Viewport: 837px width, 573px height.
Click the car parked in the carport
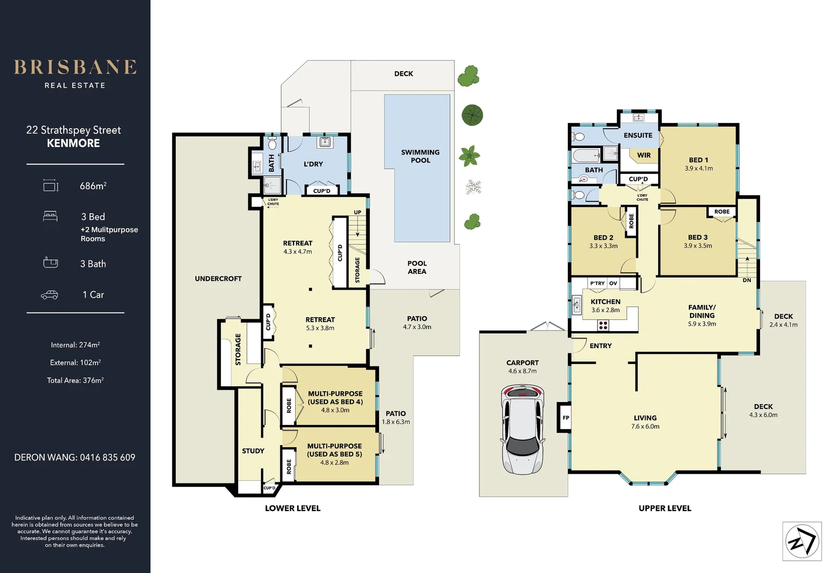tap(522, 430)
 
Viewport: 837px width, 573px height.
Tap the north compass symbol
tap(802, 541)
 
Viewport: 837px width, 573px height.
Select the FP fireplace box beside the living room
tap(566, 418)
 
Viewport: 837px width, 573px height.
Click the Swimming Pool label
tap(420, 156)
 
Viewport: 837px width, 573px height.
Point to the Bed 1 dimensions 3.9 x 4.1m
tap(698, 169)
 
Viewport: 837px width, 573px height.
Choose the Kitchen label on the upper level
tap(606, 301)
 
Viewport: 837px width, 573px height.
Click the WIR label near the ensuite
tap(644, 155)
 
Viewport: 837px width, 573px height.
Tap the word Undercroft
tap(218, 279)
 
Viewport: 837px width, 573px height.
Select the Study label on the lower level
tap(253, 451)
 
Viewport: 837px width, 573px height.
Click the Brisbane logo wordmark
tap(75, 67)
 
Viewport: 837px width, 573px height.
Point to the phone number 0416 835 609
tap(108, 457)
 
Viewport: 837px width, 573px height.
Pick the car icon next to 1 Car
tap(49, 294)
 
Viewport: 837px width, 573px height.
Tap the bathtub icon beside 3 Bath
tap(50, 263)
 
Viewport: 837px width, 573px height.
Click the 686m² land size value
tap(93, 186)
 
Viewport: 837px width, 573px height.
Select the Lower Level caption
tap(292, 508)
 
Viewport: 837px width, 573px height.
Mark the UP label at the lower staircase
tap(358, 212)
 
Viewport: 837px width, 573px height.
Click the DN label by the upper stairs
tap(747, 280)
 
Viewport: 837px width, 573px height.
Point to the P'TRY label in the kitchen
tap(598, 283)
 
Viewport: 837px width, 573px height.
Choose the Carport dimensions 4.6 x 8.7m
tap(522, 371)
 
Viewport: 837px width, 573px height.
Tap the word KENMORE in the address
tap(73, 143)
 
